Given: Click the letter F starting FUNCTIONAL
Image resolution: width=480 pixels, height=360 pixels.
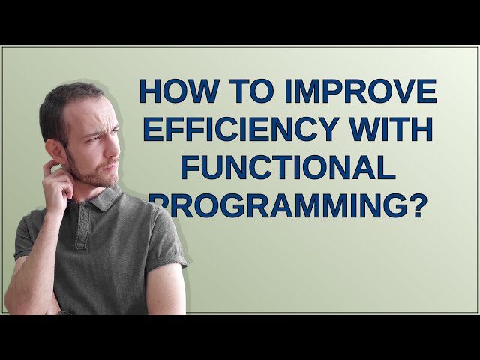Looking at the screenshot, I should point(190,167).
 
